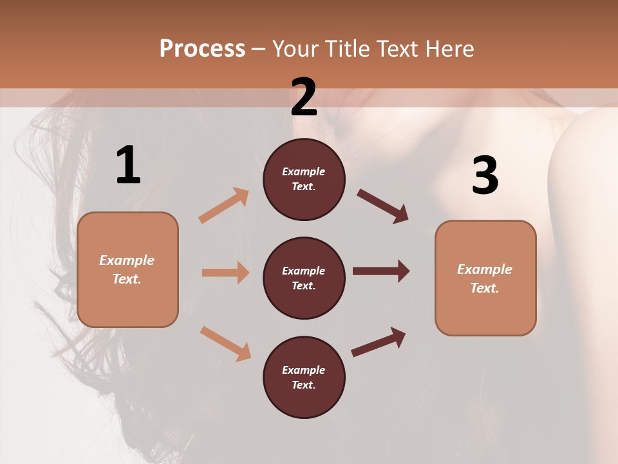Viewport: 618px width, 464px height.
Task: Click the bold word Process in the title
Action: coord(202,49)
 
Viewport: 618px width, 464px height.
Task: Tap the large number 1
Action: coord(128,166)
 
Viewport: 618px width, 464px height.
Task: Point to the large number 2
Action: coord(304,97)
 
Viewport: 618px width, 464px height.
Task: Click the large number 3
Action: coord(485,175)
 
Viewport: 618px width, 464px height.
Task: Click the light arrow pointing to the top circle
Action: coord(224,205)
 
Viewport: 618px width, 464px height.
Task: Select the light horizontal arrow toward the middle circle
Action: coord(225,273)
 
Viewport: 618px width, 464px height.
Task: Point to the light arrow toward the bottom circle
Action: coord(225,343)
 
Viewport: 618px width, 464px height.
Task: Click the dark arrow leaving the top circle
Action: coord(383,206)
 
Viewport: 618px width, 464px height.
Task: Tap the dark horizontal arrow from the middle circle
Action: coord(381,271)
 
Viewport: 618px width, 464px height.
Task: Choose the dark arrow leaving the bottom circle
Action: coord(379,342)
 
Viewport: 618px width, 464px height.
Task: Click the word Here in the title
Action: coord(450,49)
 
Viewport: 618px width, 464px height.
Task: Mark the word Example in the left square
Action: coord(127,260)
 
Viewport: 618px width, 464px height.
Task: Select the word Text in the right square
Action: coord(483,288)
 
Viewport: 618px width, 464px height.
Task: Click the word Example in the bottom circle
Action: coord(303,370)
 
